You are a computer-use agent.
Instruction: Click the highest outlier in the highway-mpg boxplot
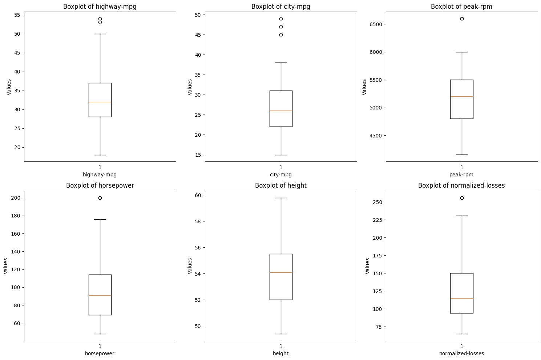click(x=100, y=19)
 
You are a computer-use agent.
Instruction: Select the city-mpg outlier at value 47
click(x=281, y=27)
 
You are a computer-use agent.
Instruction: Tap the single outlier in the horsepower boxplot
click(x=100, y=198)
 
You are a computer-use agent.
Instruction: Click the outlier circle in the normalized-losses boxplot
click(x=462, y=198)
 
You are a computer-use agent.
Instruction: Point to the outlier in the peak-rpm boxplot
click(x=462, y=19)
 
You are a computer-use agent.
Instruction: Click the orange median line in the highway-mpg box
click(x=100, y=102)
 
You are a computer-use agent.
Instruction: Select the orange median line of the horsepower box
click(x=100, y=295)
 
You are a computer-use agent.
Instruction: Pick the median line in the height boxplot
click(x=281, y=272)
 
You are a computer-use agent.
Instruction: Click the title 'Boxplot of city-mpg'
click(x=281, y=7)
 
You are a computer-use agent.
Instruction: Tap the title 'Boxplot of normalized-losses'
click(x=461, y=185)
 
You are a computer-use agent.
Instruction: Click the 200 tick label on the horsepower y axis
click(x=16, y=198)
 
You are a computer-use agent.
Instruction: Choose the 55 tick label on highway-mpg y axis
click(x=17, y=15)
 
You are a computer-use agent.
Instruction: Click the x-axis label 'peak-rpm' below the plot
click(x=461, y=175)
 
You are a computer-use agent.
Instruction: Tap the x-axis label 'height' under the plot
click(x=281, y=353)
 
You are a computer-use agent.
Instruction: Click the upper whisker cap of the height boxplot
click(x=281, y=198)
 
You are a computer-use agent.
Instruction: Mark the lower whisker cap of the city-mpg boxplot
click(x=281, y=155)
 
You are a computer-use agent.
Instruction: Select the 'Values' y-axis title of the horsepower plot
click(x=6, y=266)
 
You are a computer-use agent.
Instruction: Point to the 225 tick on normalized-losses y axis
click(x=377, y=220)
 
